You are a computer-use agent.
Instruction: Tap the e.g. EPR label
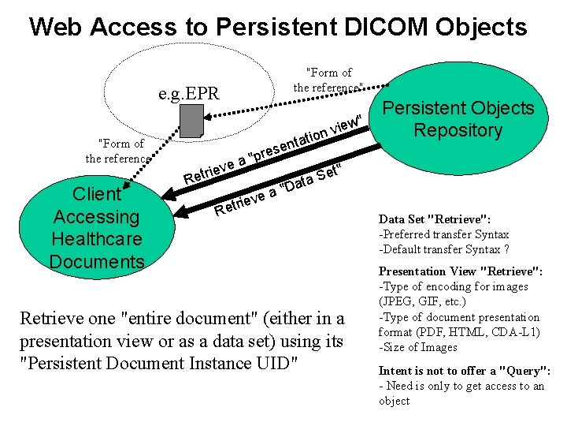[x=189, y=95]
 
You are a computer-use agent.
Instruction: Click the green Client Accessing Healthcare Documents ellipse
[x=96, y=227]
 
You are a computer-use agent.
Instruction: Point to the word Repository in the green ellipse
[x=458, y=130]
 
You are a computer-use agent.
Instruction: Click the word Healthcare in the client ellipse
[x=96, y=239]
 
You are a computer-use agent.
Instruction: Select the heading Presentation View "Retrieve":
[x=460, y=271]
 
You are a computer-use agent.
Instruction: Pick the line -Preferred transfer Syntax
[x=443, y=234]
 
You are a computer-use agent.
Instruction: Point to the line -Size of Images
[x=417, y=347]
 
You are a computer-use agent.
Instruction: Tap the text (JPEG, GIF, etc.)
[x=423, y=301]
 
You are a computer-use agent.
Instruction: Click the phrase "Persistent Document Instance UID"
[x=160, y=364]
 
